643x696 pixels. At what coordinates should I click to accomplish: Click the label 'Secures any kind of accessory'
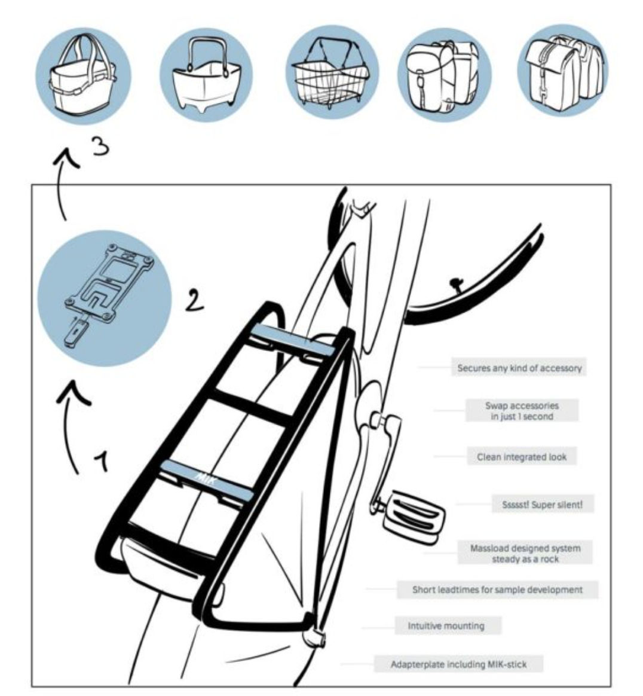(x=519, y=368)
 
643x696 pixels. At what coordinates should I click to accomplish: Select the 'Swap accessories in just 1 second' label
(x=522, y=411)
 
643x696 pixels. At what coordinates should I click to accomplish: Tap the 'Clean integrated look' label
(x=522, y=457)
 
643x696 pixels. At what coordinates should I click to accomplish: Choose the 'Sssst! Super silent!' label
(x=542, y=505)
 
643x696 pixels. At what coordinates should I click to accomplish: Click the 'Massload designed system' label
(x=525, y=553)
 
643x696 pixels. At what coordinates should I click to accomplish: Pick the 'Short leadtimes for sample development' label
(x=497, y=590)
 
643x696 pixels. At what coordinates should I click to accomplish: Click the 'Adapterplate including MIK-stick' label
(x=458, y=664)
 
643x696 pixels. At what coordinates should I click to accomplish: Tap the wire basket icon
(x=332, y=73)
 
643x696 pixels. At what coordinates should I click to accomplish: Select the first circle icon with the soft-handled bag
(x=84, y=73)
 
